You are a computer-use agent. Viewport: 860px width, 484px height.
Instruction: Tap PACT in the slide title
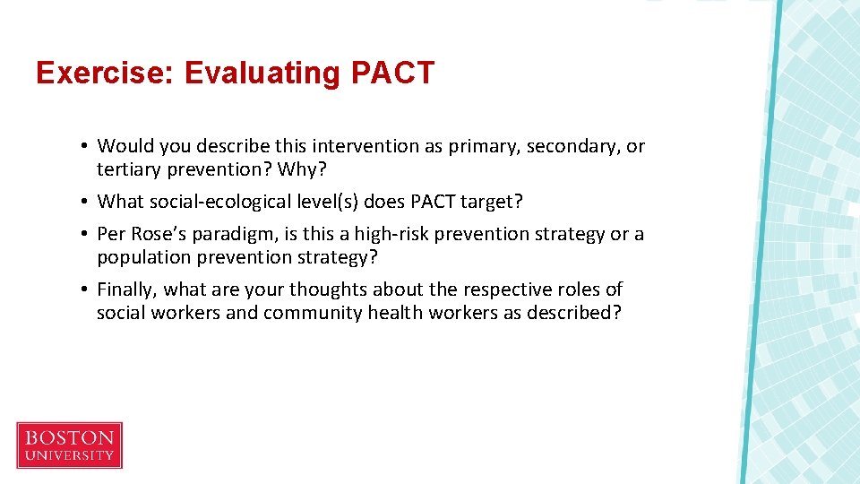click(392, 73)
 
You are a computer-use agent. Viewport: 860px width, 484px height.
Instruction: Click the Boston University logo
click(69, 445)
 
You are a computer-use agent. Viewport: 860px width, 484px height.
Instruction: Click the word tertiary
click(128, 169)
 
